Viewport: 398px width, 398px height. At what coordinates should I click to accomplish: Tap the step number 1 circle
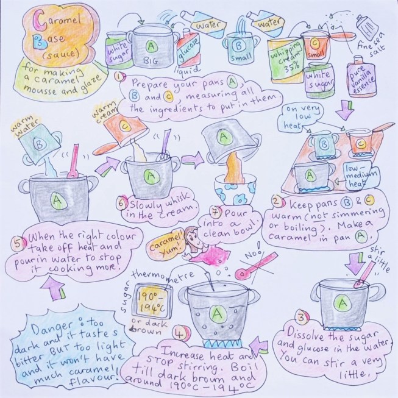[121, 78]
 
